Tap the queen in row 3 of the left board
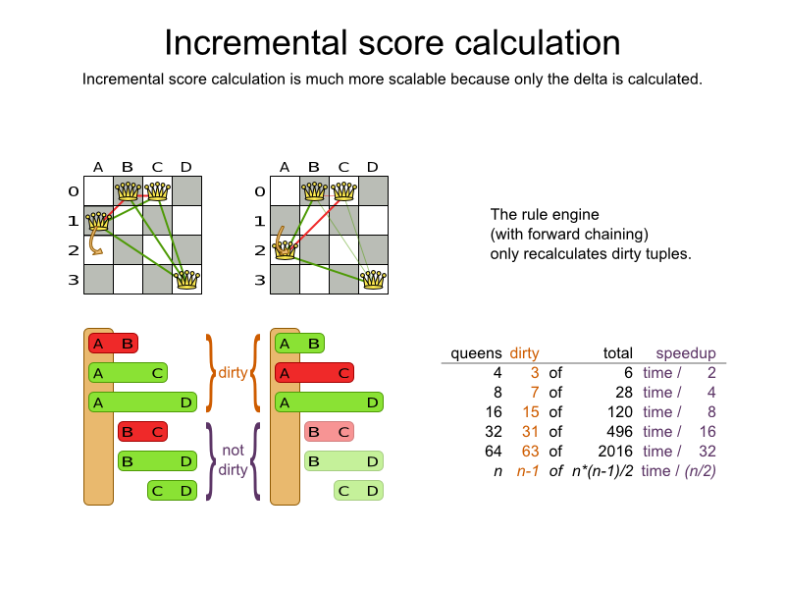click(x=186, y=280)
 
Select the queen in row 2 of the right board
click(x=285, y=249)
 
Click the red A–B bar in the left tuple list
click(x=113, y=344)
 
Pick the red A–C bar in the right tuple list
click(x=314, y=373)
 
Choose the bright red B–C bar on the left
click(x=142, y=432)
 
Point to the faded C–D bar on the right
click(x=358, y=491)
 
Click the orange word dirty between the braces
click(x=233, y=373)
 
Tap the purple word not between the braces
click(x=234, y=451)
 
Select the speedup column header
click(x=686, y=353)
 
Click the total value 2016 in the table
click(x=615, y=452)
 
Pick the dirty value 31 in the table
click(x=530, y=432)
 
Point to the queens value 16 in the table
click(x=494, y=412)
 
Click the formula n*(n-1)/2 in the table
click(x=602, y=471)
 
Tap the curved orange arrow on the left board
click(x=95, y=243)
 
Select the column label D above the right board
click(x=373, y=167)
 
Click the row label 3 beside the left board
click(x=74, y=280)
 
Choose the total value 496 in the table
click(x=620, y=432)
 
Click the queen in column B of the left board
click(x=129, y=190)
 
